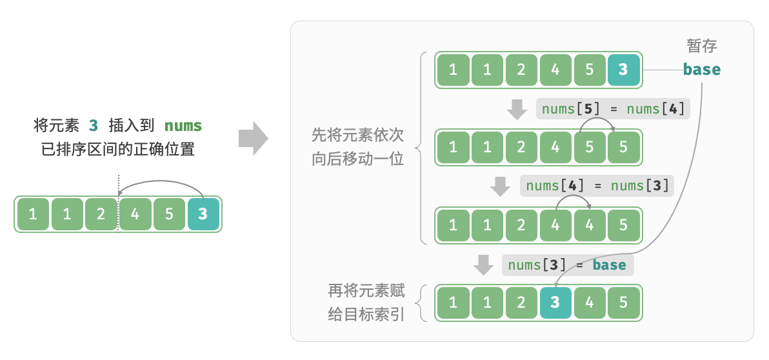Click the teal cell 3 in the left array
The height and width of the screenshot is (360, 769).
pos(203,214)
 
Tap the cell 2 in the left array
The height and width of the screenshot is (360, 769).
pos(101,214)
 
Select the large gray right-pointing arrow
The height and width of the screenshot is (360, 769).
pos(253,138)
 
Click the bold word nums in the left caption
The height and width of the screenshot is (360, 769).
pos(183,125)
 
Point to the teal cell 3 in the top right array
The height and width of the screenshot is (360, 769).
pos(623,70)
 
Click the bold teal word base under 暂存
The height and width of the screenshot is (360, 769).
pos(702,70)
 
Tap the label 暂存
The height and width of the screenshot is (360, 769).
pos(702,46)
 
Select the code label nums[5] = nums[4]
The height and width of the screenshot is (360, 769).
pos(613,108)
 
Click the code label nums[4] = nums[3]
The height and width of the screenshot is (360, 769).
pos(597,186)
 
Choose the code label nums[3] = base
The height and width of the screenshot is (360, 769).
pos(567,265)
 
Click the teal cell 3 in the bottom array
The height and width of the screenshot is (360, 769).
pos(555,302)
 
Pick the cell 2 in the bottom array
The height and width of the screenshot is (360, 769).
pos(521,302)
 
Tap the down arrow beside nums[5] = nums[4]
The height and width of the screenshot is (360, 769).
pos(517,109)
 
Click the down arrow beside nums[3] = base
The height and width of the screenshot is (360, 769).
pos(483,265)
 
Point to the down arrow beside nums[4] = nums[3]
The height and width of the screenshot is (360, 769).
pos(501,186)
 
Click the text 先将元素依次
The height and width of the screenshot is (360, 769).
pos(357,135)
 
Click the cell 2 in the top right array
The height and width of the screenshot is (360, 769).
pos(521,70)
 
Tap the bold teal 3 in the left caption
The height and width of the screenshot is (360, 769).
pos(93,125)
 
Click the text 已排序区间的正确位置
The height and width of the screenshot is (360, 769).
pos(117,150)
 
